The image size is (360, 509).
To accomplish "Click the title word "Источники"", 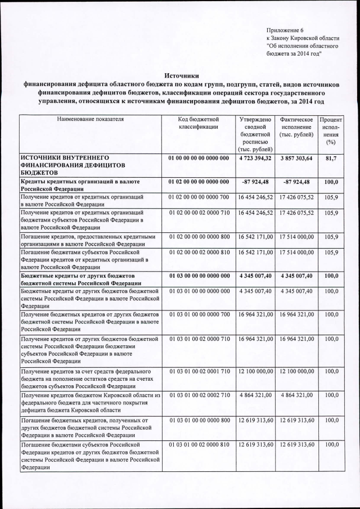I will [x=181, y=75].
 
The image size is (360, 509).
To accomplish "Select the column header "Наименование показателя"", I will [x=90, y=120].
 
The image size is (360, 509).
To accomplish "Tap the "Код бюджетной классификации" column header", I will [x=198, y=124].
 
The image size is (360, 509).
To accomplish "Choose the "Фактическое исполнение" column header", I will [x=296, y=124].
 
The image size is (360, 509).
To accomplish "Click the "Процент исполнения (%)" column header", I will [x=330, y=132].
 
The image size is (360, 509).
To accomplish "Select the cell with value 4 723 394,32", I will [x=255, y=159].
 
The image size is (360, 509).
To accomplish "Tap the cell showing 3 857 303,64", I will [x=296, y=159].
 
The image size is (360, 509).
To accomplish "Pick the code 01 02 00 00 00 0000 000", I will [x=198, y=182].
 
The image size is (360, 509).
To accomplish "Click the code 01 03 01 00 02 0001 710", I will [x=198, y=372].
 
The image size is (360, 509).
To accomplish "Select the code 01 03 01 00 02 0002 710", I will [x=198, y=395].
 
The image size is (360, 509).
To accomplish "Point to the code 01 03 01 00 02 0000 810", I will [x=198, y=444].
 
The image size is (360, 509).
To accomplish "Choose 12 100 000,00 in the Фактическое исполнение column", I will [x=296, y=372].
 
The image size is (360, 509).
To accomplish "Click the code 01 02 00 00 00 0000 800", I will [x=198, y=237].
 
